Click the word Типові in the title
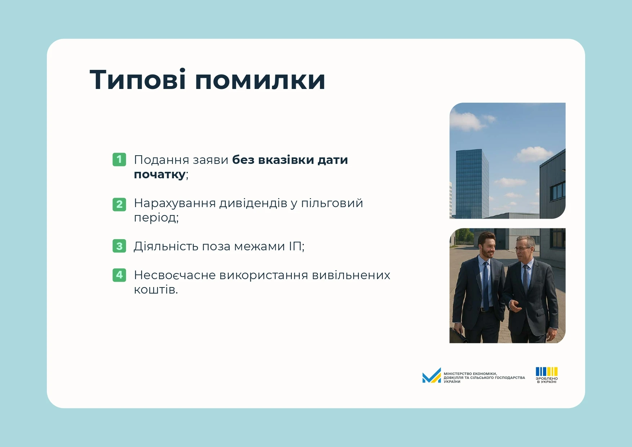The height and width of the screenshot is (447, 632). (138, 79)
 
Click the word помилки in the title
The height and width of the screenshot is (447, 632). (260, 80)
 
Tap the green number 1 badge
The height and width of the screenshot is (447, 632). (119, 159)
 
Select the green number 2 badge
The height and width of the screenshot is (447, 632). (119, 204)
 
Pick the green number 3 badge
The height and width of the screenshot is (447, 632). (119, 246)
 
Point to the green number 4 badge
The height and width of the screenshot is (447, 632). (119, 275)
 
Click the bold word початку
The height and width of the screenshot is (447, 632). (160, 175)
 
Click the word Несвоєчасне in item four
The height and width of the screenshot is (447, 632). (175, 275)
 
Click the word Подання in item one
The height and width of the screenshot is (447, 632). (162, 160)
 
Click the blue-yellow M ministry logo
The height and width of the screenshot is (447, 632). (432, 375)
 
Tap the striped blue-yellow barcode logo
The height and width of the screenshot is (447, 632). (547, 371)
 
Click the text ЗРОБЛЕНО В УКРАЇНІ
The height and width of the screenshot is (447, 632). (547, 380)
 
